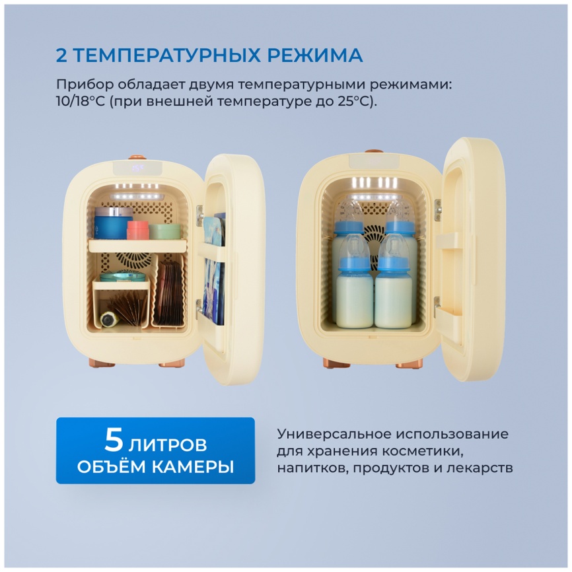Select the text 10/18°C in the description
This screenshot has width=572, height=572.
pyautogui.click(x=83, y=102)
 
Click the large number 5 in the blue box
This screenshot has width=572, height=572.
pyautogui.click(x=113, y=440)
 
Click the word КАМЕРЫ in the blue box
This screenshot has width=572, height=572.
pyautogui.click(x=194, y=467)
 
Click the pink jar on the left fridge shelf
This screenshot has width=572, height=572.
pyautogui.click(x=137, y=229)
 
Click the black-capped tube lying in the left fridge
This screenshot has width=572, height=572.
pyautogui.click(x=108, y=319)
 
